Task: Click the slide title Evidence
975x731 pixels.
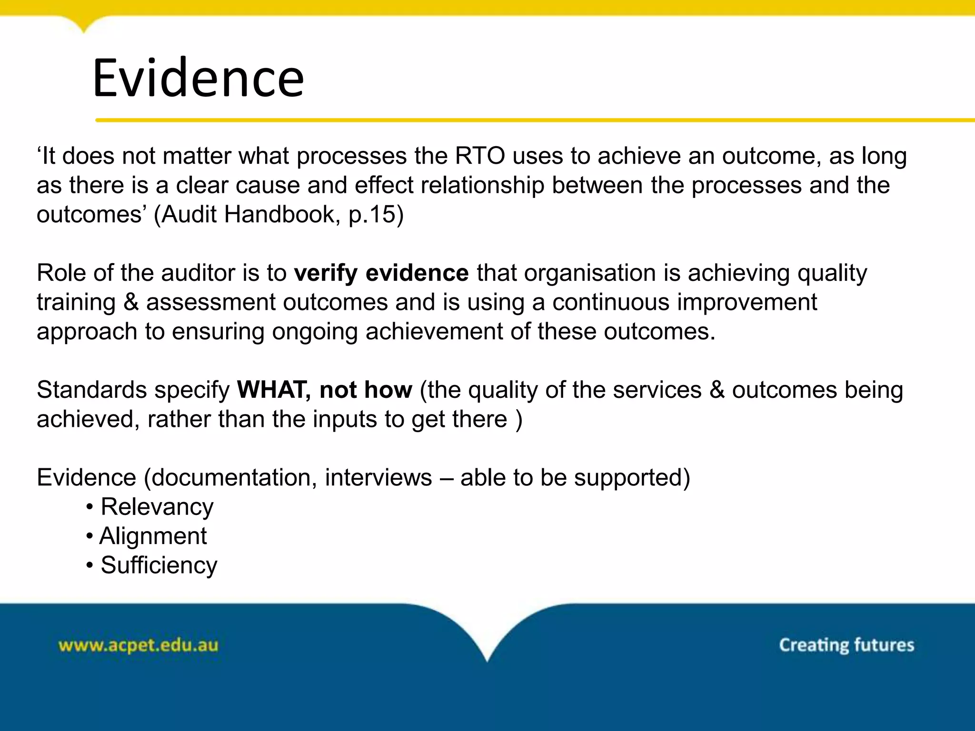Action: pyautogui.click(x=198, y=78)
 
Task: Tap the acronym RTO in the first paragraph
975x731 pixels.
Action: pyautogui.click(x=479, y=156)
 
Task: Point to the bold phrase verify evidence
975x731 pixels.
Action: pyautogui.click(x=381, y=273)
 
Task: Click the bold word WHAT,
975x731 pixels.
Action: pyautogui.click(x=274, y=390)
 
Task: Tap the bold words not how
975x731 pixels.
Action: pyautogui.click(x=366, y=390)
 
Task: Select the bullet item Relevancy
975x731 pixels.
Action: pyautogui.click(x=157, y=507)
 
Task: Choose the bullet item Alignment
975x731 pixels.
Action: pyautogui.click(x=153, y=536)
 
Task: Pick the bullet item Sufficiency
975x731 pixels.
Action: pyautogui.click(x=159, y=565)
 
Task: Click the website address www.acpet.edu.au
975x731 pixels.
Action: pyautogui.click(x=138, y=645)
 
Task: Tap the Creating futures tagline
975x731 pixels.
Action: pyautogui.click(x=846, y=645)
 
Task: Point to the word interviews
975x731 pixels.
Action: pyautogui.click(x=378, y=477)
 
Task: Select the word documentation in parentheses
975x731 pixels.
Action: pyautogui.click(x=231, y=477)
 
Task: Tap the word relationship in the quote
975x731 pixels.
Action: pyautogui.click(x=482, y=185)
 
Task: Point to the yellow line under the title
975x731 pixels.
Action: pyautogui.click(x=524, y=120)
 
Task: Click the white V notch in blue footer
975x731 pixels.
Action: pyautogui.click(x=487, y=638)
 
